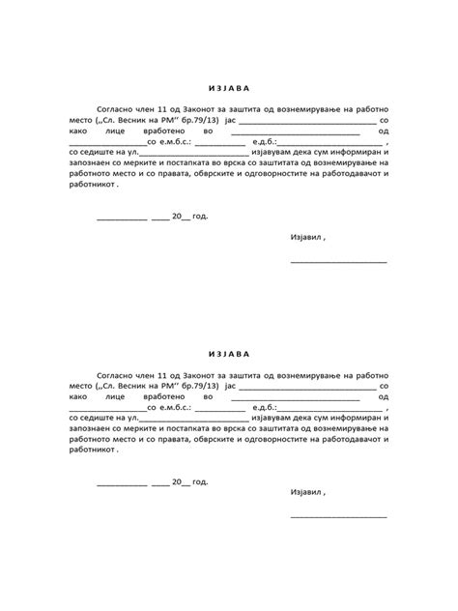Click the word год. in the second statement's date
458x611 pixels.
pos(199,480)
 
